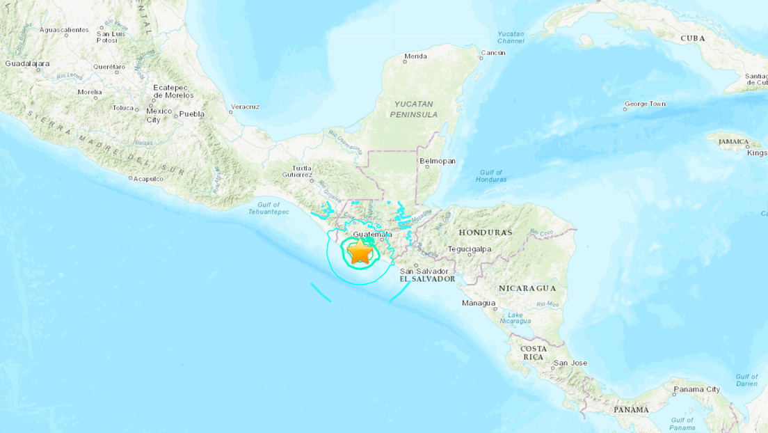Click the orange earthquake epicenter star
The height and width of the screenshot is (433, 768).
point(360,253)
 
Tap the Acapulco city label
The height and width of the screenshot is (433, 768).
point(147,179)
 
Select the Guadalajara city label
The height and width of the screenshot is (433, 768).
point(27,63)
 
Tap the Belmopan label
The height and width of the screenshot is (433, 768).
point(438,161)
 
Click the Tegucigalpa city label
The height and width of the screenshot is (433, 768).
point(470,249)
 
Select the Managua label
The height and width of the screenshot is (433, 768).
point(479,303)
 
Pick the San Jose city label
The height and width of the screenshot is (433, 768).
point(570,363)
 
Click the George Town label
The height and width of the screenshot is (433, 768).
point(645,104)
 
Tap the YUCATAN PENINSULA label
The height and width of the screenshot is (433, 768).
point(415,109)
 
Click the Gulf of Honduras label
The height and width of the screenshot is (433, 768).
point(493,175)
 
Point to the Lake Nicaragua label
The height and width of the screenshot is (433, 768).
point(514,317)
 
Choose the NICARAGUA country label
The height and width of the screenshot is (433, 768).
point(527,288)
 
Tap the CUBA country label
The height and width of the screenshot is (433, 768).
point(692,38)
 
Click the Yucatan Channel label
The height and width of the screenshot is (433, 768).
point(512,38)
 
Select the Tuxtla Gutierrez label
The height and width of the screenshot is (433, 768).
point(301,172)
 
